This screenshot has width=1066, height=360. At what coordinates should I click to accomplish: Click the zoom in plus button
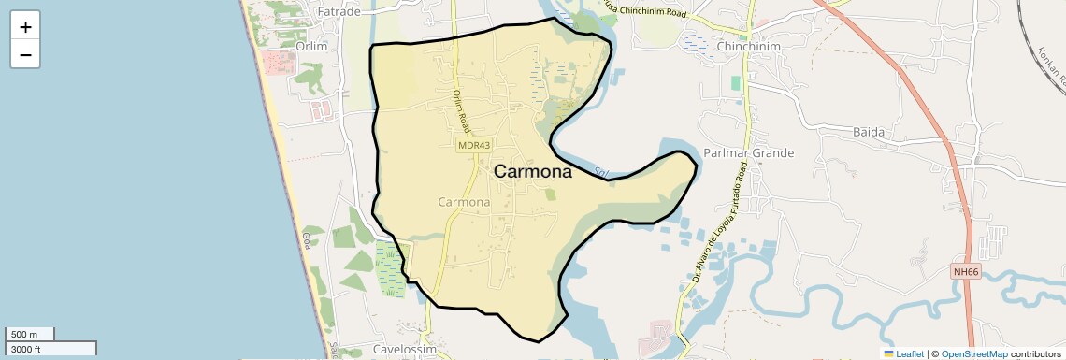(x=25, y=27)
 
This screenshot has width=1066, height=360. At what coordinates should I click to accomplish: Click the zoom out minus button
(x=25, y=55)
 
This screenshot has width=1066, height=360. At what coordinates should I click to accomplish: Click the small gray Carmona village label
(x=464, y=201)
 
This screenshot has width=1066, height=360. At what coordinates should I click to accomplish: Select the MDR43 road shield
(x=474, y=145)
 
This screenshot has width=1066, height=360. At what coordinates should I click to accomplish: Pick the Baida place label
(x=868, y=132)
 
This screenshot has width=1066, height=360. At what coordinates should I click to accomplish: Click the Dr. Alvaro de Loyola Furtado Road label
(x=720, y=223)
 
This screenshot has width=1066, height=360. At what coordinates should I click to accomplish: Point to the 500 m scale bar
(x=30, y=334)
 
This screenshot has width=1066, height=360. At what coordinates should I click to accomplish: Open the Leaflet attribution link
(x=904, y=353)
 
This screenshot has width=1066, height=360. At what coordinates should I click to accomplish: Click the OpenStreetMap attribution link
(x=974, y=353)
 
